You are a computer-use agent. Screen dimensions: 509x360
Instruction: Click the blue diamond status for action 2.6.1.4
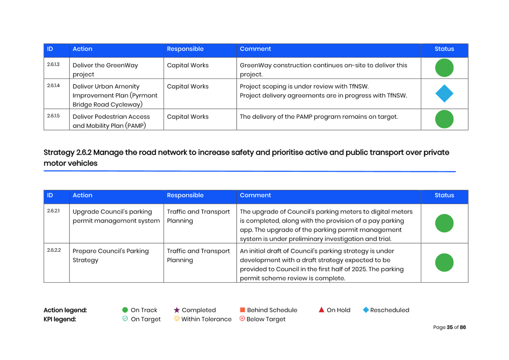pos(444,93)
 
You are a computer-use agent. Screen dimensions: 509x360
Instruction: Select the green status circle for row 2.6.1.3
pos(444,68)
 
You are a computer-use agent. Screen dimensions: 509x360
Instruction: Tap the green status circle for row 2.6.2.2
pos(444,262)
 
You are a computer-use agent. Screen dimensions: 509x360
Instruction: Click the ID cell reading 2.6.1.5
pos(53,116)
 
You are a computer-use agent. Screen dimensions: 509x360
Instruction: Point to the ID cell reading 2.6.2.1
pos(53,211)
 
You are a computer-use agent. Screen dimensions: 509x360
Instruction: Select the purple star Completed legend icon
pos(176,310)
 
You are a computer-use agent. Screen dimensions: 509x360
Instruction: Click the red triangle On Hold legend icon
pos(321,310)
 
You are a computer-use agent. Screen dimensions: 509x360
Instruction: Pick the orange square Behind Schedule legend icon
pos(242,310)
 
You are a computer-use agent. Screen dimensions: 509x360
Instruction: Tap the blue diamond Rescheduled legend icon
pos(366,310)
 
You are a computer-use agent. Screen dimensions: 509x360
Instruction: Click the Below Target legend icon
pos(242,319)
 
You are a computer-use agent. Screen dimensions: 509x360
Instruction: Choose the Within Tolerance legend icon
pos(176,319)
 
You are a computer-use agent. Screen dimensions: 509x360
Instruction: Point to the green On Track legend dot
pos(125,310)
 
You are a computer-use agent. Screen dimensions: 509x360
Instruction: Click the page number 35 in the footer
pos(450,327)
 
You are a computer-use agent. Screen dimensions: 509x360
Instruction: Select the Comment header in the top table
pos(255,49)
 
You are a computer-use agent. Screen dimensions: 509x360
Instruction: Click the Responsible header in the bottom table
pos(185,195)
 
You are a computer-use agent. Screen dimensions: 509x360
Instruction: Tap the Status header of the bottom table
pos(444,195)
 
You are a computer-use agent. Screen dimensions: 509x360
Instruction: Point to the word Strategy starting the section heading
pos(59,153)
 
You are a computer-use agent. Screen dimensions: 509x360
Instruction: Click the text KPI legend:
pos(60,319)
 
